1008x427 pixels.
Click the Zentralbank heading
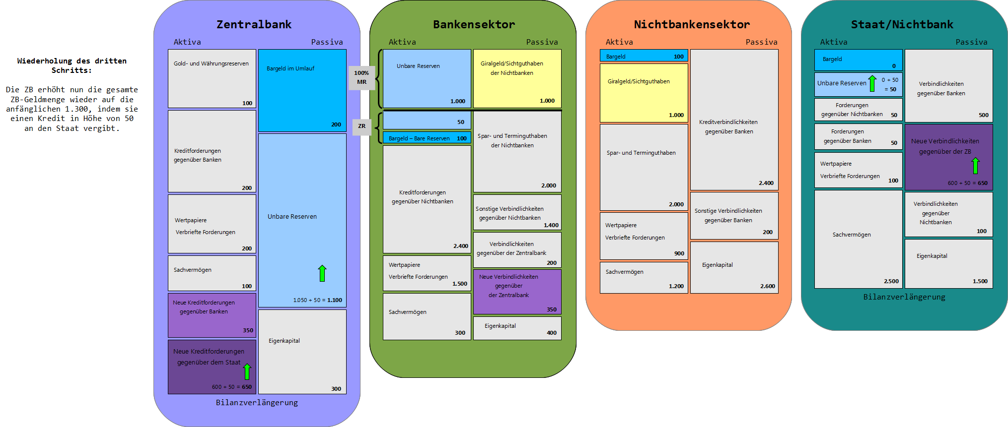point(254,24)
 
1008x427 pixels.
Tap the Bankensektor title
point(474,24)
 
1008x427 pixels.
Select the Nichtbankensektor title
point(692,24)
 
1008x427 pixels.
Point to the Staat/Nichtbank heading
point(902,24)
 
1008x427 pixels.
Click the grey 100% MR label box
point(361,77)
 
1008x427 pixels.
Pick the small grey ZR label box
point(361,126)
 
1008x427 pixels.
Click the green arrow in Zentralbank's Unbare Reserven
point(322,273)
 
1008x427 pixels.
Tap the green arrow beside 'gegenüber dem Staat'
point(247,371)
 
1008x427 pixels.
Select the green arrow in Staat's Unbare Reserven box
point(872,83)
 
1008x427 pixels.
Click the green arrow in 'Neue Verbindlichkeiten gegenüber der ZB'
point(975,166)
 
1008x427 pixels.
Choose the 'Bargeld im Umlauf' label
point(290,68)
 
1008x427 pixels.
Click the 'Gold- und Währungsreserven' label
point(211,63)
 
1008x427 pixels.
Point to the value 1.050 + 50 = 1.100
point(317,300)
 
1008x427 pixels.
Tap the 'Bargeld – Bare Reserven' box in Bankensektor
point(427,138)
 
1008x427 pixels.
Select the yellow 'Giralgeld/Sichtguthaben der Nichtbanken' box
point(517,78)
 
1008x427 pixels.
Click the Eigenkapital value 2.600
point(767,286)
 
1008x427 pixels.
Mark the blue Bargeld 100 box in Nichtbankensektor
point(644,56)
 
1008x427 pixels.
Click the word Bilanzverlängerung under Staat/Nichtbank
point(904,297)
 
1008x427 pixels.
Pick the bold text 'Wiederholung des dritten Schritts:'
point(72,65)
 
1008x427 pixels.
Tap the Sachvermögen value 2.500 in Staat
point(891,281)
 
